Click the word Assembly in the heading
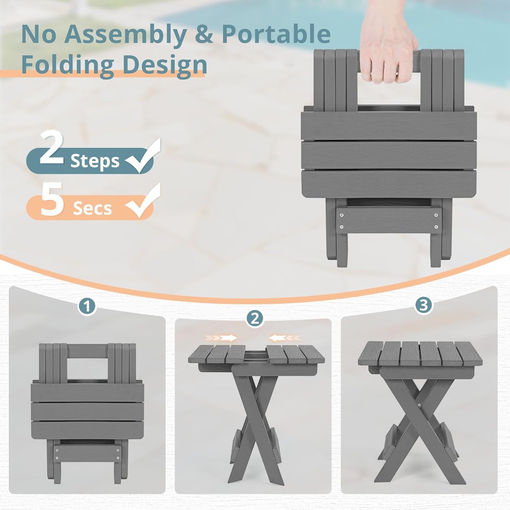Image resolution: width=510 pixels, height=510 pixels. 125,35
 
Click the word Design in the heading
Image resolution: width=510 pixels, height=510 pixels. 165,65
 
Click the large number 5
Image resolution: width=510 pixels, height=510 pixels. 52,199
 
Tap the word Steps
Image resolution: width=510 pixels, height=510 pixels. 95,161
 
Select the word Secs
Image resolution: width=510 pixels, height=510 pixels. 92,209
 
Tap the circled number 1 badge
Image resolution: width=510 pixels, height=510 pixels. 87,307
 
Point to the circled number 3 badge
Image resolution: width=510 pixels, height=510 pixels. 424,305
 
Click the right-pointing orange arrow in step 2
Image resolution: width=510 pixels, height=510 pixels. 221,338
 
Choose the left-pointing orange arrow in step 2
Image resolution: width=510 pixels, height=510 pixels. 285,338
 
